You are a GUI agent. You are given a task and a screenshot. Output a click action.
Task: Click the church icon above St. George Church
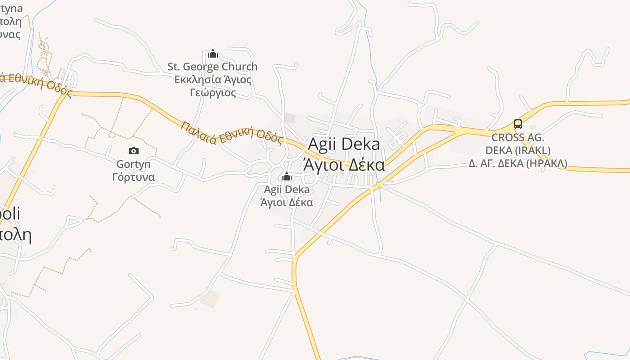tap(213, 54)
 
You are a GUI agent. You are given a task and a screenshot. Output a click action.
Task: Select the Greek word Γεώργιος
tap(212, 93)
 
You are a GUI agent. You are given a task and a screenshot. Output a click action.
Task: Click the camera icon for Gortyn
tap(134, 151)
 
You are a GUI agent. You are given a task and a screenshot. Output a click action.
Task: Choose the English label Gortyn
tap(134, 164)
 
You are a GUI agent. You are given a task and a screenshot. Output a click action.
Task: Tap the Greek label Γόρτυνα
tap(134, 177)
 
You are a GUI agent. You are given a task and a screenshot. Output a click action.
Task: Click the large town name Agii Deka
tap(344, 144)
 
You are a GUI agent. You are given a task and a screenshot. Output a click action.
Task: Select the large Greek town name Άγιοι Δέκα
tap(344, 165)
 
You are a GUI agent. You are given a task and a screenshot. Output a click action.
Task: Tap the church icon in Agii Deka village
tap(286, 176)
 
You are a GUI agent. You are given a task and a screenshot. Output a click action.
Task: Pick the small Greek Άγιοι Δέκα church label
tap(287, 202)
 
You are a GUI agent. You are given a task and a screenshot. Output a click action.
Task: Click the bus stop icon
tap(518, 124)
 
